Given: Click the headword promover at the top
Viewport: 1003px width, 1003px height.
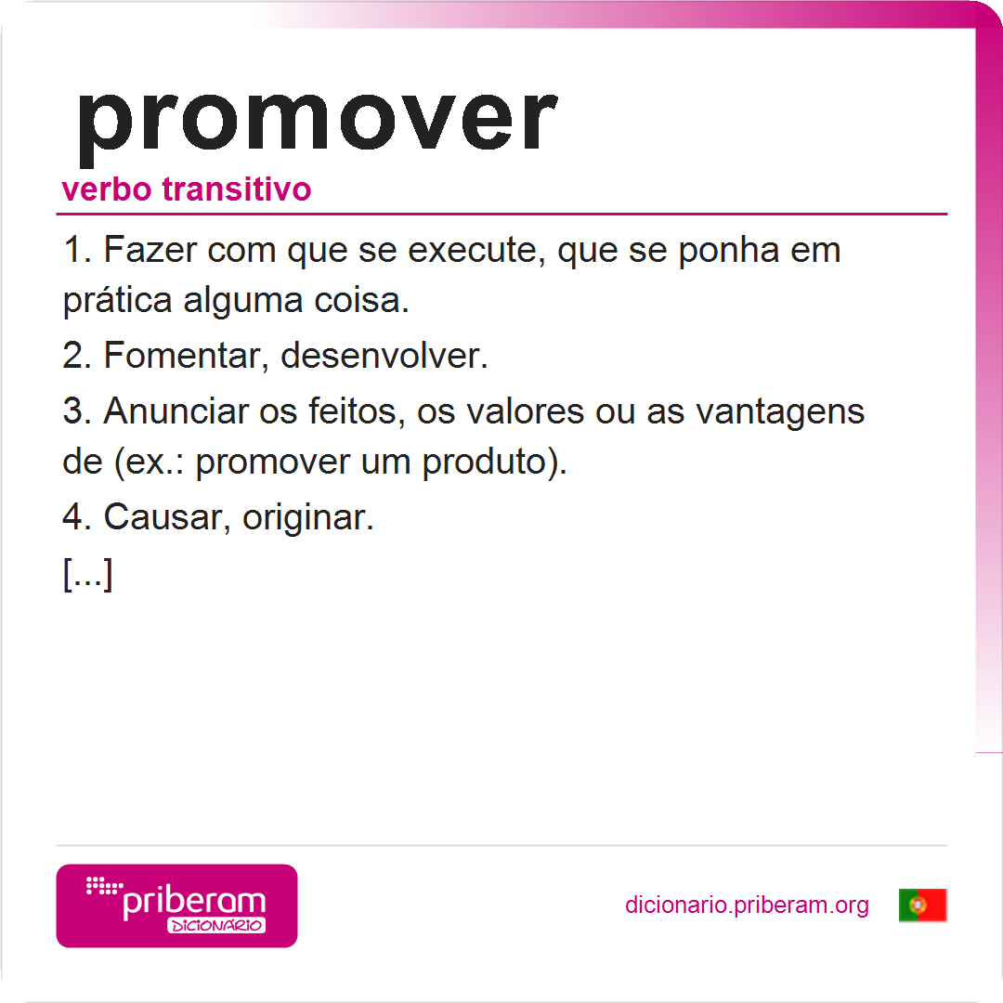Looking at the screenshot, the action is coord(318,124).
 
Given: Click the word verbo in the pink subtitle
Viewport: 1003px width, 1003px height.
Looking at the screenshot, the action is coord(106,189).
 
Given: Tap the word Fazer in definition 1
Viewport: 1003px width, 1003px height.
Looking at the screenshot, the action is coord(150,250).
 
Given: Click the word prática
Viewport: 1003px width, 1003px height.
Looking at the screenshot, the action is coord(117,301).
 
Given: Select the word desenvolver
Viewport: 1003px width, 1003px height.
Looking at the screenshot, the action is coord(384,356).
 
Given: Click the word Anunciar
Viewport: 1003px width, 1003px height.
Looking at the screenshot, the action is coord(176,410).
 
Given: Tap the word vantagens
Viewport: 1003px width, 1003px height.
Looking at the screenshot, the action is coord(780,412).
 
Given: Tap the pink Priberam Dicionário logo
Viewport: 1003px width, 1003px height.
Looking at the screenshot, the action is coord(176,905).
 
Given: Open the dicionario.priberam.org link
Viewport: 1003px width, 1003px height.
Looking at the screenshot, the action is coord(747,905).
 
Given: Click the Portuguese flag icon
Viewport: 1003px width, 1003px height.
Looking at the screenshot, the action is coord(922,905).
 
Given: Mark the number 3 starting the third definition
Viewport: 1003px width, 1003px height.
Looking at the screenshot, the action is coord(72,410).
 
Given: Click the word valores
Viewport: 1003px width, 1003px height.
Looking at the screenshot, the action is coord(525,410).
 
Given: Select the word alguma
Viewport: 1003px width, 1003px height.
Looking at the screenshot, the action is coord(243,301).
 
